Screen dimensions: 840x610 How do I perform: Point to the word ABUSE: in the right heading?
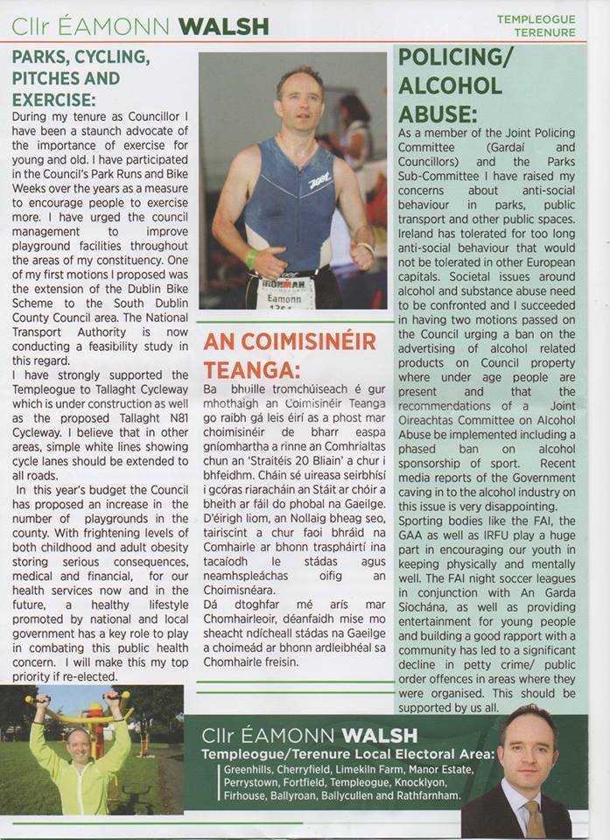pos(438,114)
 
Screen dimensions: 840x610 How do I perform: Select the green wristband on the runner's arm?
pos(251,258)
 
